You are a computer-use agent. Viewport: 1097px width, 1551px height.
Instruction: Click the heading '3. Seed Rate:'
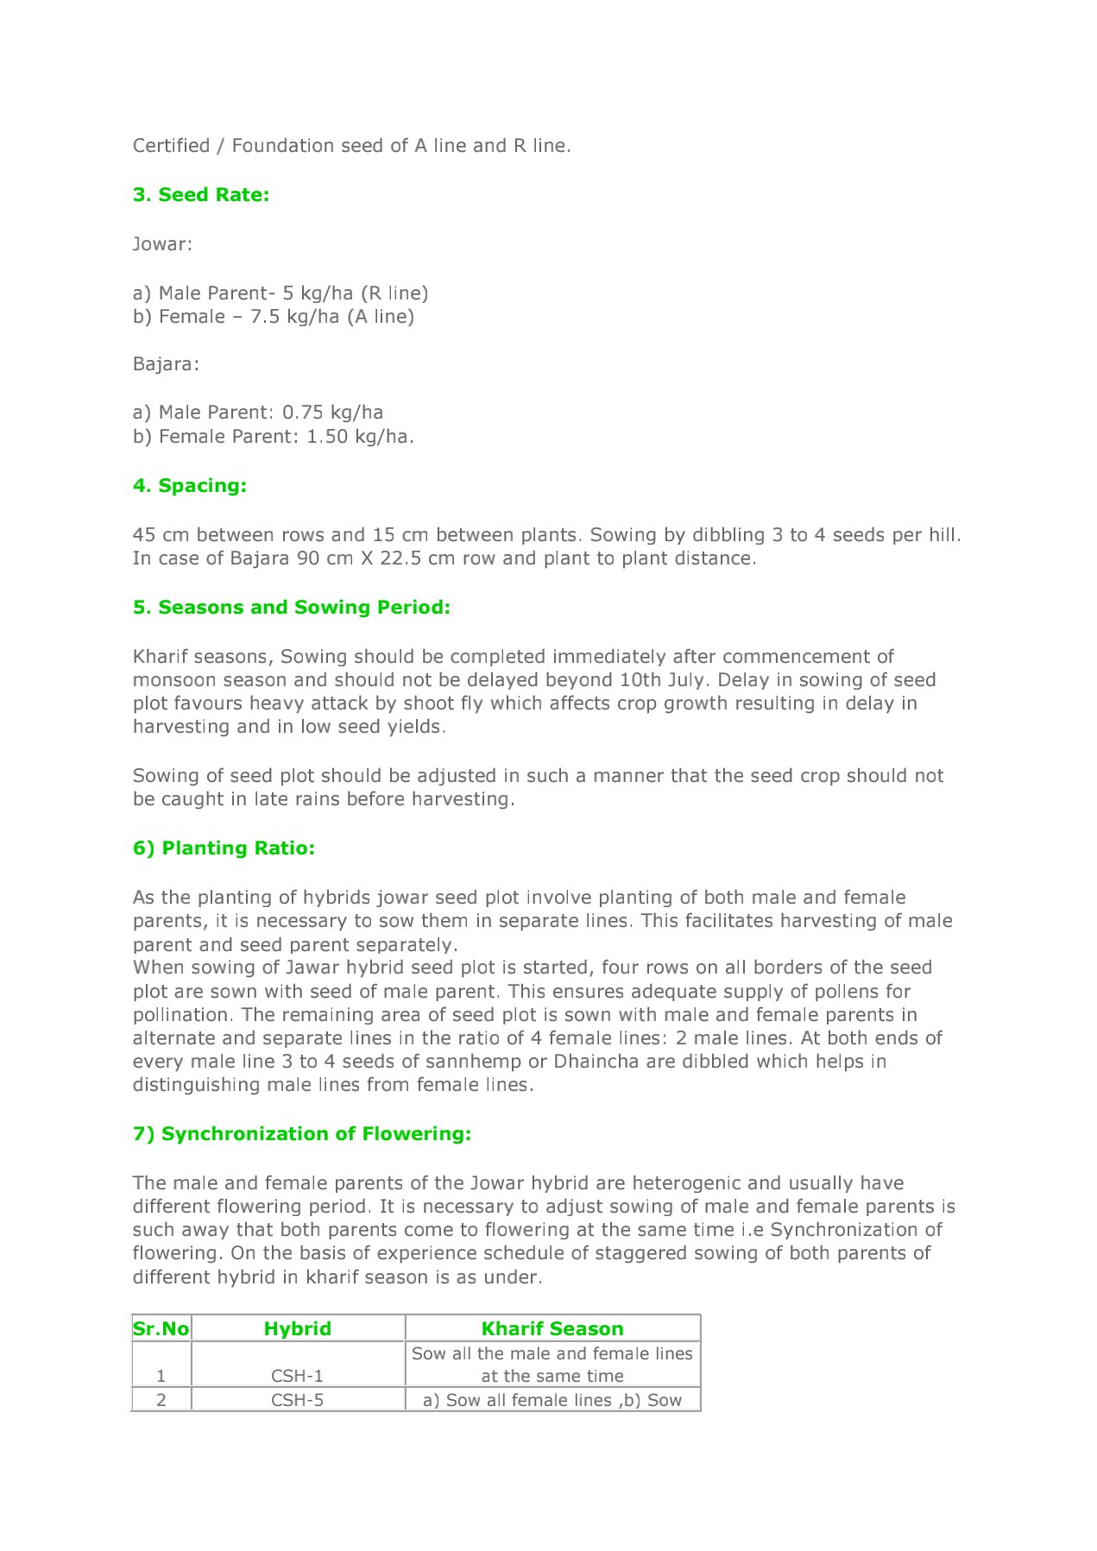[x=201, y=195]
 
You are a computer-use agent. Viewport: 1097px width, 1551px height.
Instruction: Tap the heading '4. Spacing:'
[x=190, y=486]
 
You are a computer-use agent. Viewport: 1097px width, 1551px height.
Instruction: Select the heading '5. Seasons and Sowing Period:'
[x=292, y=608]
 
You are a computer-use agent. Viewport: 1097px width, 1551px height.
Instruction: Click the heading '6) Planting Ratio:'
[x=224, y=848]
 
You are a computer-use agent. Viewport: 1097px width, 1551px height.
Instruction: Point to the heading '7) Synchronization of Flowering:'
[x=302, y=1134]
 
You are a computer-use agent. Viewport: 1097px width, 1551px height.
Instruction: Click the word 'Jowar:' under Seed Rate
[x=162, y=244]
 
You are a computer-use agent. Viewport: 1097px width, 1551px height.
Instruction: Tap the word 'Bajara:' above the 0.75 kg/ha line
[x=166, y=364]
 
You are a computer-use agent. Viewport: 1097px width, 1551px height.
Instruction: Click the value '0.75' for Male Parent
[x=303, y=413]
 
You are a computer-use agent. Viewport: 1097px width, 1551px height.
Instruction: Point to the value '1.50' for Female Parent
[x=327, y=437]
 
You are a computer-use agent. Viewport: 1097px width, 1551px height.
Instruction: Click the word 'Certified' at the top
[x=171, y=146]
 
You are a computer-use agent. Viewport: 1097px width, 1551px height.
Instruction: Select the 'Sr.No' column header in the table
[x=161, y=1329]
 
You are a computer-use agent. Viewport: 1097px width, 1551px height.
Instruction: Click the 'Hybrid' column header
[x=298, y=1329]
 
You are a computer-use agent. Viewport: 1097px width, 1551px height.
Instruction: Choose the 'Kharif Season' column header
[x=552, y=1329]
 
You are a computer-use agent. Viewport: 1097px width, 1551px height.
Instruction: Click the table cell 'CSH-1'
[x=298, y=1377]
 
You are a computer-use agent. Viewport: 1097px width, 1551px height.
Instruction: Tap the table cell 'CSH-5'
[x=298, y=1401]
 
